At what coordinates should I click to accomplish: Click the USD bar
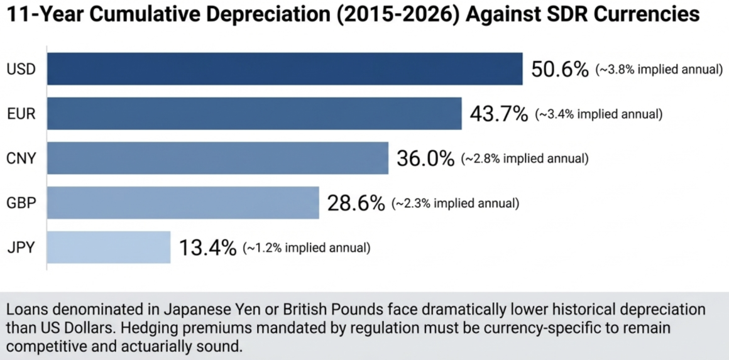(285, 68)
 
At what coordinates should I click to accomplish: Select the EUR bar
(254, 114)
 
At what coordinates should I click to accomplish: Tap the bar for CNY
(217, 158)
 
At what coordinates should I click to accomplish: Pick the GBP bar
(183, 203)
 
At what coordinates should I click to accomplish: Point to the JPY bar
(109, 248)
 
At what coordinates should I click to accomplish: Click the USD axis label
(21, 69)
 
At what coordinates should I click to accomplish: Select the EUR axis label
(21, 114)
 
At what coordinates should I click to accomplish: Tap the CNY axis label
(21, 159)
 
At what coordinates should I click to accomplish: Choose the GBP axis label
(21, 204)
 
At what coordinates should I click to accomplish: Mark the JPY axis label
(21, 248)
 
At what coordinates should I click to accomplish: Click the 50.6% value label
(560, 68)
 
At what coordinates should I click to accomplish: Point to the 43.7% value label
(499, 114)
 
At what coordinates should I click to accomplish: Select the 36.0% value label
(425, 158)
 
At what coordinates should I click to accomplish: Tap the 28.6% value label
(356, 203)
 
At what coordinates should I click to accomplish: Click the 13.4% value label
(207, 248)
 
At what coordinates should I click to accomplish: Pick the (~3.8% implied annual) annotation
(659, 70)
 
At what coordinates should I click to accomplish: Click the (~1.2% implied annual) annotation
(307, 248)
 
